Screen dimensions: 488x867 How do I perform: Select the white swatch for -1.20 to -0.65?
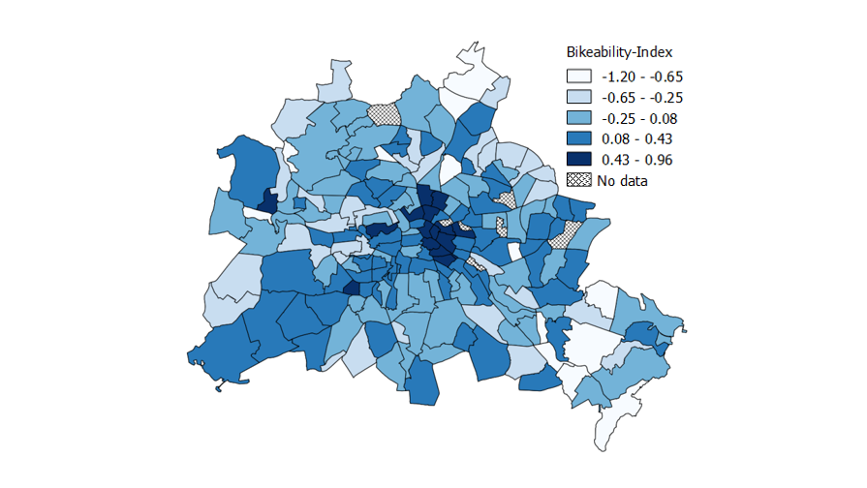click(579, 76)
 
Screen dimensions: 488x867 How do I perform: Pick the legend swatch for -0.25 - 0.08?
click(579, 118)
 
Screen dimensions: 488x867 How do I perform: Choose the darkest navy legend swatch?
click(579, 160)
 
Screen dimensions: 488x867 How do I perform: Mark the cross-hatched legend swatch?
click(579, 180)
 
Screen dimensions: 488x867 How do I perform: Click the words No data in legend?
click(624, 180)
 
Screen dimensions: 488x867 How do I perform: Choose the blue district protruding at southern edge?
click(421, 382)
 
